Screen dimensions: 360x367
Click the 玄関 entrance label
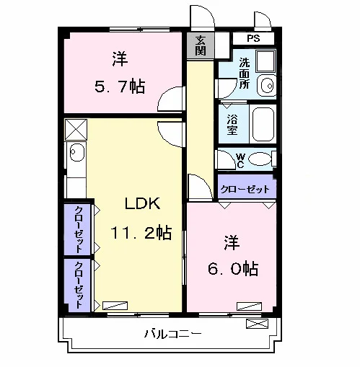[200, 45]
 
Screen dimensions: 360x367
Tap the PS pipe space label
[253, 38]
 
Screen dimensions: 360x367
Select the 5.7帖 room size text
[120, 87]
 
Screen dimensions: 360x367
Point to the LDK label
[142, 203]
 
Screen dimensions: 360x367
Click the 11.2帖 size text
[141, 233]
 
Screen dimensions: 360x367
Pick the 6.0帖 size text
[233, 268]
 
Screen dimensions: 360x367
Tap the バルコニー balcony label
[172, 334]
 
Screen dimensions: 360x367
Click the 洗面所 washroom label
[245, 74]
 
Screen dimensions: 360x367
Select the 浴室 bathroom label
[232, 125]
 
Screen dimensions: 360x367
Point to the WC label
[240, 161]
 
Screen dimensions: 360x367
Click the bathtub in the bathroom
[263, 124]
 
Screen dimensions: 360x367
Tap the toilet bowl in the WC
[260, 159]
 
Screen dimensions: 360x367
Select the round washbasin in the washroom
[266, 85]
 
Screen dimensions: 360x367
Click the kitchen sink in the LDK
[77, 153]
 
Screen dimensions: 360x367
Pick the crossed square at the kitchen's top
[76, 129]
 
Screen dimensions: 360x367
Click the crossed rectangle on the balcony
[257, 324]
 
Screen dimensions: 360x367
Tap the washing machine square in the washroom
[265, 61]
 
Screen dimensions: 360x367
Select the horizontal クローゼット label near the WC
[245, 189]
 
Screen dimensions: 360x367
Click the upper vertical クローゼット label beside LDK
[79, 229]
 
